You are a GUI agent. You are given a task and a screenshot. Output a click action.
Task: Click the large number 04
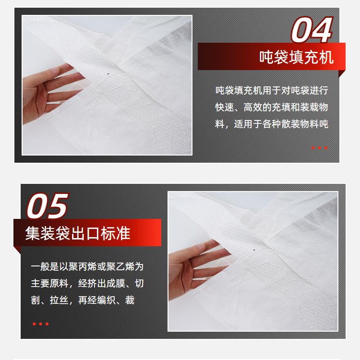312,30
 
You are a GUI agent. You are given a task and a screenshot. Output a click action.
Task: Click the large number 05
48,206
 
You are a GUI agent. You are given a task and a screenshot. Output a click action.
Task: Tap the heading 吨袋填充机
297,57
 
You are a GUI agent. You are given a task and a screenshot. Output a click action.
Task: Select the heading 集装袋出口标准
78,233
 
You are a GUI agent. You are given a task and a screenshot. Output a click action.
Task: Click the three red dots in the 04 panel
319,148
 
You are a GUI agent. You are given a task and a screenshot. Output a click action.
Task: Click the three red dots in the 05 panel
41,324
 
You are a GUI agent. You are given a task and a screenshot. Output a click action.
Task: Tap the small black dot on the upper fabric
108,74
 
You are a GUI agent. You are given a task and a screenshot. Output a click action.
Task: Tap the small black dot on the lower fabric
254,250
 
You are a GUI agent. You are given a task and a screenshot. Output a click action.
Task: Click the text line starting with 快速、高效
272,107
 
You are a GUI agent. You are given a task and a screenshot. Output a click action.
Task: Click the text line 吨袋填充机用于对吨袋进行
272,90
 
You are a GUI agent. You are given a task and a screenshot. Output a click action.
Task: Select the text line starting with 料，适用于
272,124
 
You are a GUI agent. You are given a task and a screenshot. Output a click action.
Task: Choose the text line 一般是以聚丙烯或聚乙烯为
87,266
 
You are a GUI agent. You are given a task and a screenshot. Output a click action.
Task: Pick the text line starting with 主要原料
87,283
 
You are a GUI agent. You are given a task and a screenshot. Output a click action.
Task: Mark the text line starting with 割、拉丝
83,300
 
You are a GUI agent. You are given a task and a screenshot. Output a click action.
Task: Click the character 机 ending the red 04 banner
326,57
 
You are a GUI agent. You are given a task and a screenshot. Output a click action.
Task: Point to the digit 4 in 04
322,30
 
